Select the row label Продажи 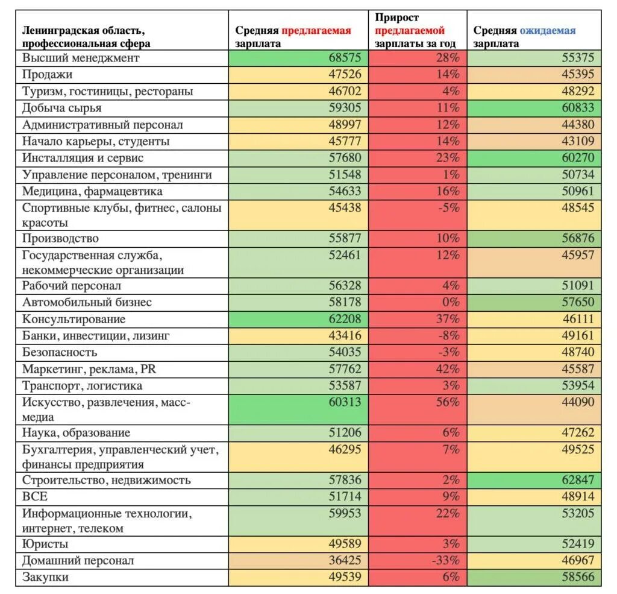(48, 75)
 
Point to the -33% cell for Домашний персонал (445, 560)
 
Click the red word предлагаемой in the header (410, 30)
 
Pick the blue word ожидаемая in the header (548, 30)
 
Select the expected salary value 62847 (577, 480)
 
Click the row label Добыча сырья (62, 108)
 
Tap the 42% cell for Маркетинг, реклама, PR (448, 368)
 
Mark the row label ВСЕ (35, 497)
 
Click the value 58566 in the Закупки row (577, 577)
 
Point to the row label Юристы (45, 544)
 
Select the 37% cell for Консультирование (448, 319)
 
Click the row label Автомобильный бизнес (87, 302)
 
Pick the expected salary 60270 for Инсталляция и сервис (577, 158)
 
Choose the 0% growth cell (451, 302)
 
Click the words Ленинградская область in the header (84, 30)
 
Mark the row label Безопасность (60, 352)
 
